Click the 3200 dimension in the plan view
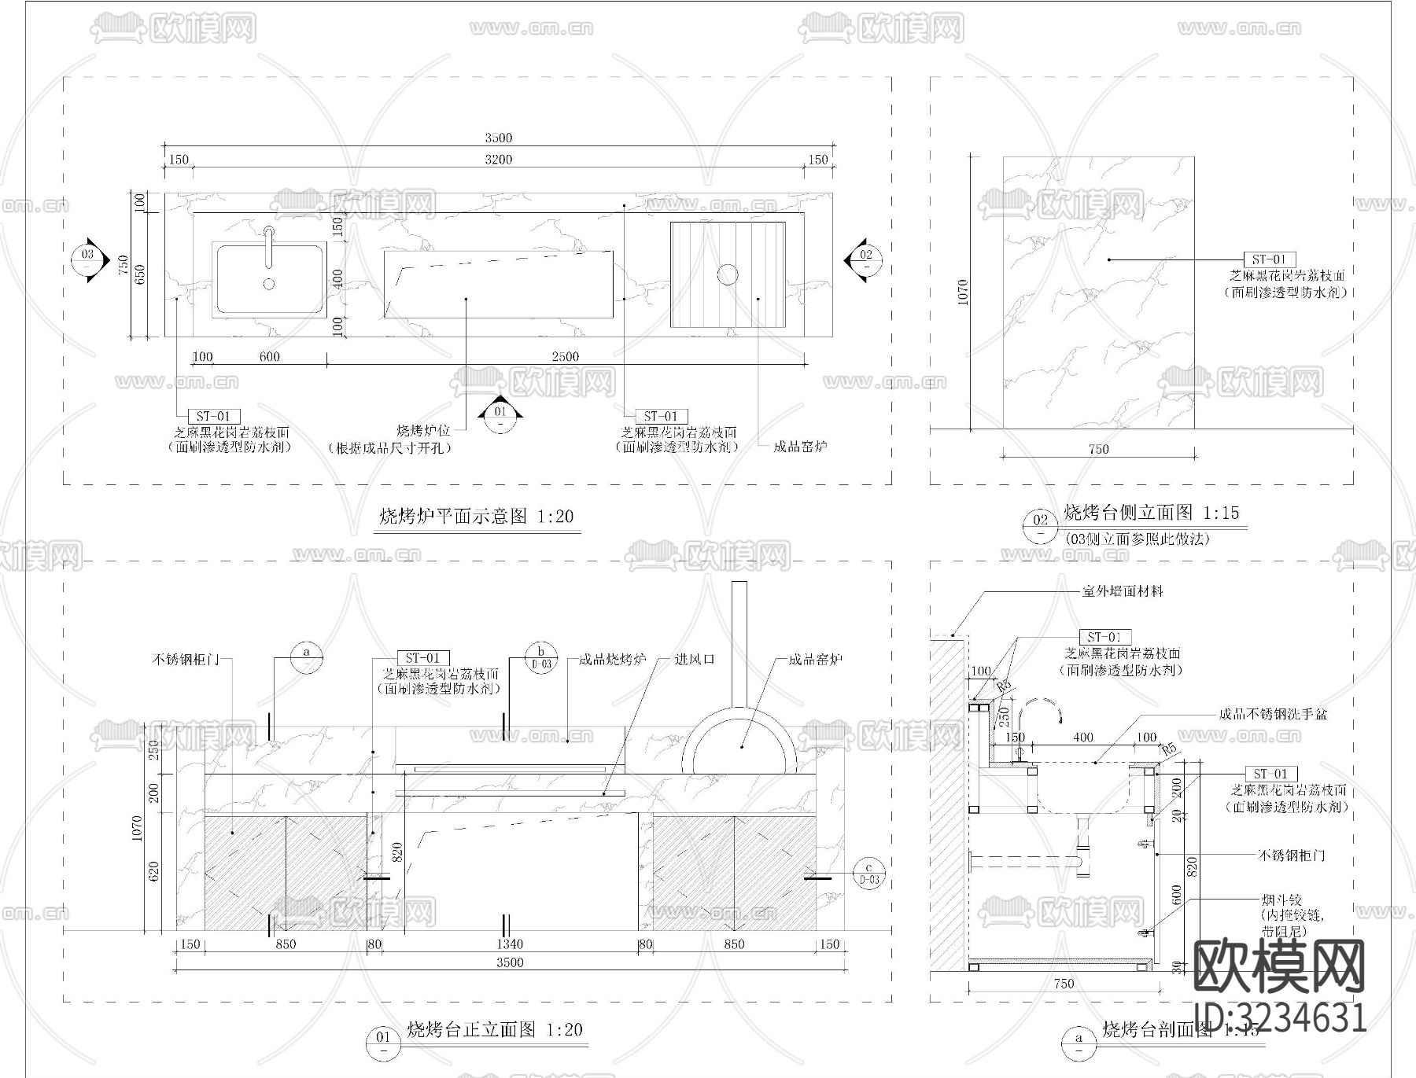tap(498, 160)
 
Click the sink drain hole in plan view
tap(269, 284)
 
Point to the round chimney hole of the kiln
tap(728, 274)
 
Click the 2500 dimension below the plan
tap(565, 357)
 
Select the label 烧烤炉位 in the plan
tap(423, 431)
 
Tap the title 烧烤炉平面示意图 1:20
tap(477, 517)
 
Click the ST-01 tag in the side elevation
tap(1268, 259)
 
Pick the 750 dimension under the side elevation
tap(1098, 449)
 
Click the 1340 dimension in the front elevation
tap(510, 944)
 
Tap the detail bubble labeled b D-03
tap(541, 657)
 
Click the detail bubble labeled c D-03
tap(869, 874)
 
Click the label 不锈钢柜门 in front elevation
tap(185, 660)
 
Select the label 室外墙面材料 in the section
tap(1123, 591)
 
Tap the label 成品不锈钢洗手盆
tap(1273, 715)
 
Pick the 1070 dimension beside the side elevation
tap(964, 292)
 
